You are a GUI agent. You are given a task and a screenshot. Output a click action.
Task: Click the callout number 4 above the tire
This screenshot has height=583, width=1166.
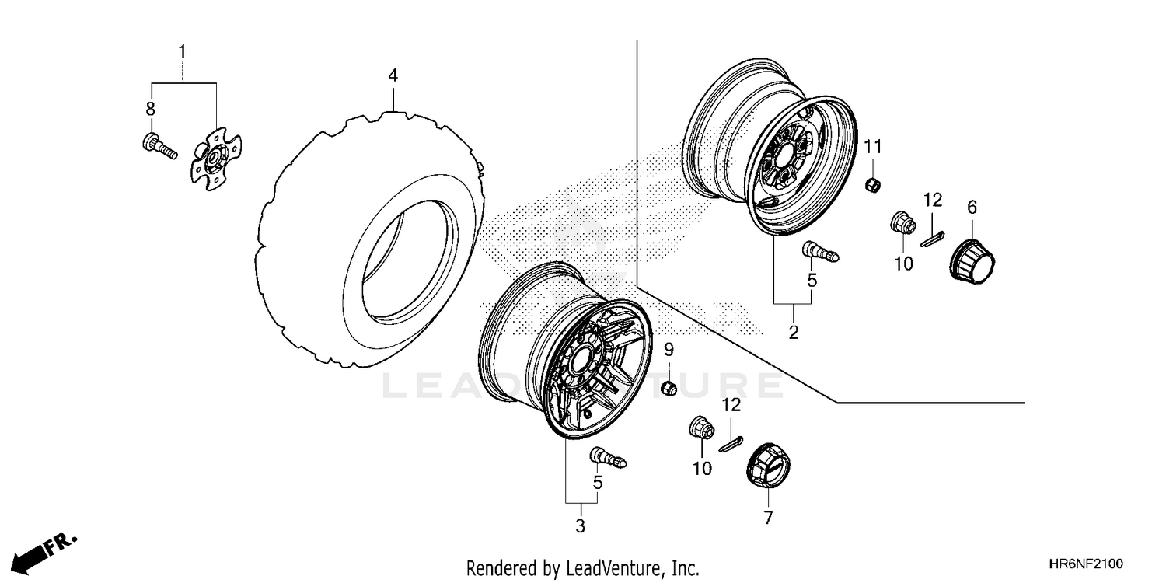(393, 75)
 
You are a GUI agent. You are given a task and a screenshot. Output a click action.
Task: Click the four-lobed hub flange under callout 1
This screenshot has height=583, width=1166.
(215, 155)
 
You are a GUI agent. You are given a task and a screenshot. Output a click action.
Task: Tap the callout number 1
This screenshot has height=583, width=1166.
(182, 52)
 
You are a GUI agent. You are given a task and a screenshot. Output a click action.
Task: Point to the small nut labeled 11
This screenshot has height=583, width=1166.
(873, 185)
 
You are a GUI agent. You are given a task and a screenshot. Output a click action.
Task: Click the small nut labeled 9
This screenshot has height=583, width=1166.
(668, 387)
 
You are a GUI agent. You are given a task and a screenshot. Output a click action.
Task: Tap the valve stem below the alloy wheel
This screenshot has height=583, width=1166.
(609, 457)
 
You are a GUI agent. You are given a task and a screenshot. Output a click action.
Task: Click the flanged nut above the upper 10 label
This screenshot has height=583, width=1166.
(902, 224)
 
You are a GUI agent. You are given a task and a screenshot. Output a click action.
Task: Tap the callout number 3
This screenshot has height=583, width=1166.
(580, 526)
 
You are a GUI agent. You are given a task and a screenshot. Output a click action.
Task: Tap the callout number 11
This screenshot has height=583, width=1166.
(873, 146)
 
